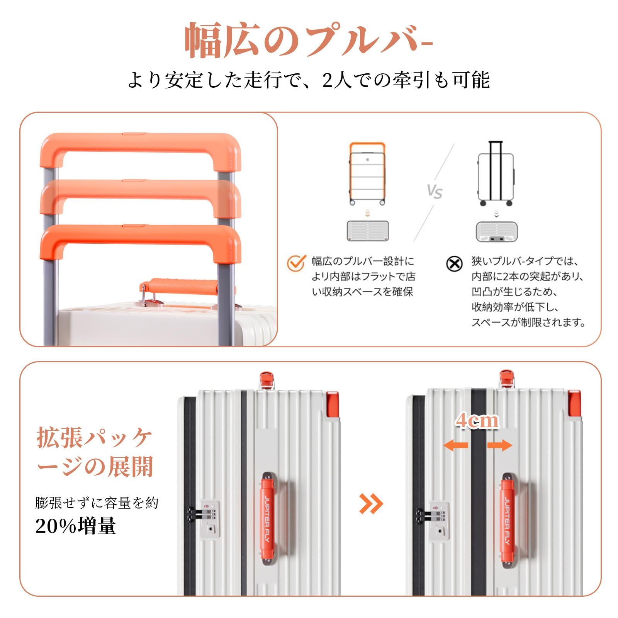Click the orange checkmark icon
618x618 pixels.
click(x=296, y=263)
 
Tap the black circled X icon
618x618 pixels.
click(x=454, y=264)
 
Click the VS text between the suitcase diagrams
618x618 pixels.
click(x=435, y=191)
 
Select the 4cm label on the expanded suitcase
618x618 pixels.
click(x=477, y=421)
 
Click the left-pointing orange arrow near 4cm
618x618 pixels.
click(x=456, y=445)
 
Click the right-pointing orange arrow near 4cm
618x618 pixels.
click(x=499, y=445)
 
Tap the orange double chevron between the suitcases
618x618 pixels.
click(x=371, y=503)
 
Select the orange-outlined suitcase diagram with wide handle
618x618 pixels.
click(x=367, y=174)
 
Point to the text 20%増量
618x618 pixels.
click(x=76, y=526)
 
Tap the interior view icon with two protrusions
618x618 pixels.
click(x=496, y=232)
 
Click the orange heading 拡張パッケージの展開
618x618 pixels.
click(x=95, y=452)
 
